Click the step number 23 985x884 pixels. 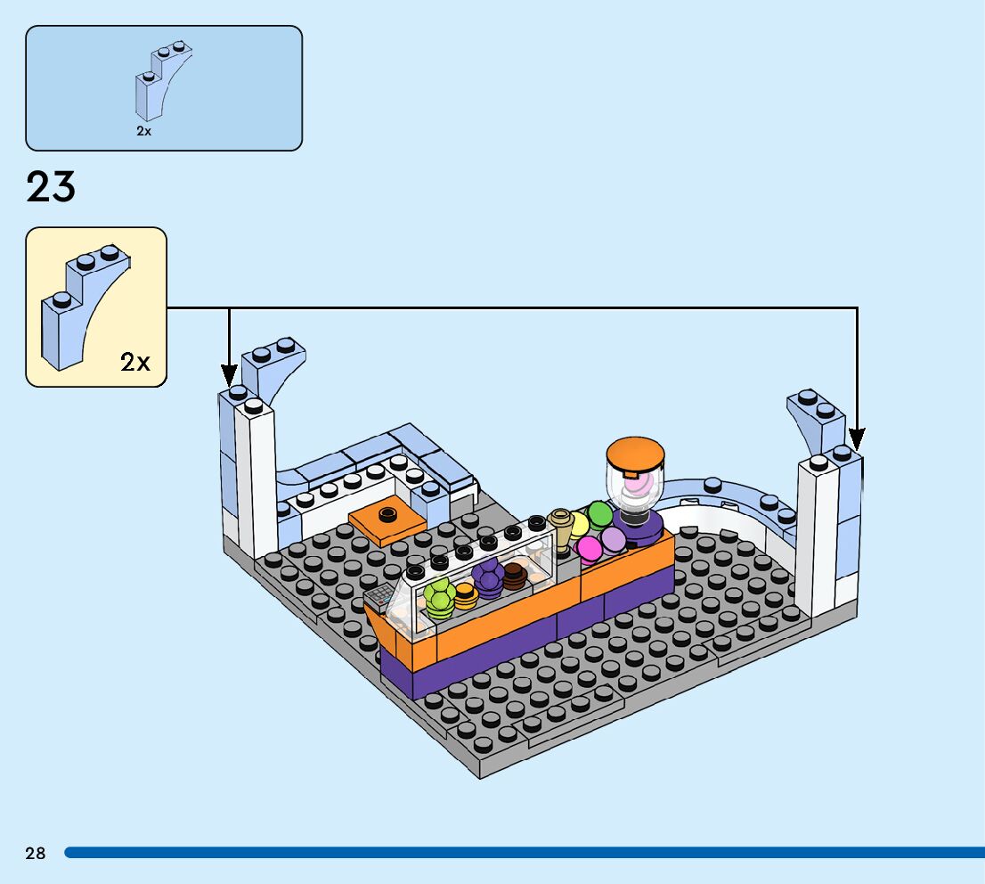[51, 187]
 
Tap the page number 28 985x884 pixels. [36, 854]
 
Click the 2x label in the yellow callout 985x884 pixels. [135, 362]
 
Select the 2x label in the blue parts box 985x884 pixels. [144, 130]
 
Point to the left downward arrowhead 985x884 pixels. [229, 375]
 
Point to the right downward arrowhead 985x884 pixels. [856, 439]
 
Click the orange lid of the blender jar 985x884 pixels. [636, 455]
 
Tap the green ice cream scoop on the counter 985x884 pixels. [599, 514]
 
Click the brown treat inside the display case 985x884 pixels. [515, 577]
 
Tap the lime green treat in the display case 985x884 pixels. [439, 595]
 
